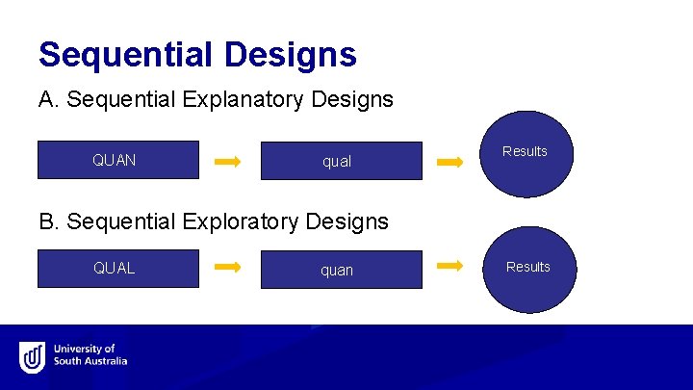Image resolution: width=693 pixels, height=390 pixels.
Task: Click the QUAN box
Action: tap(117, 160)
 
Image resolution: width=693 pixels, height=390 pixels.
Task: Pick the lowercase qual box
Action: tap(341, 161)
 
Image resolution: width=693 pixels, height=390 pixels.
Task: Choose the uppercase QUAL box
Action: tap(117, 269)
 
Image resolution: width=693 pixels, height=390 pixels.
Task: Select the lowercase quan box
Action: tap(341, 270)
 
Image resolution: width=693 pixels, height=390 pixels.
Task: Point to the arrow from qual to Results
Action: tap(449, 163)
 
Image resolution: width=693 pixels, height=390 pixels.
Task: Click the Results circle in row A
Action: tap(526, 153)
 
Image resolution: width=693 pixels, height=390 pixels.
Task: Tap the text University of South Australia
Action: tap(90, 355)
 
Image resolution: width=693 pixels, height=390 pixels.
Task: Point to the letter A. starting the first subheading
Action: tap(48, 99)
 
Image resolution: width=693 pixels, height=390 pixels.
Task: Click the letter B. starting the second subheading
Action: tap(48, 221)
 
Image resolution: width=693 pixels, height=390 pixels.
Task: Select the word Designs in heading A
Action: tap(356, 99)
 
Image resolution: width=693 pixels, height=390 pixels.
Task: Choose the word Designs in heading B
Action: tap(351, 221)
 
